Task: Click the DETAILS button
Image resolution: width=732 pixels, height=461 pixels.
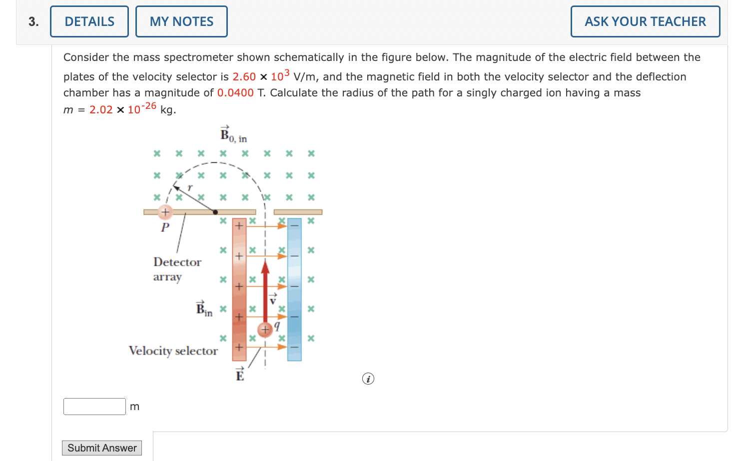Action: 89,21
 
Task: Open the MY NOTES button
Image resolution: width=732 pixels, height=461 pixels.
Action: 181,21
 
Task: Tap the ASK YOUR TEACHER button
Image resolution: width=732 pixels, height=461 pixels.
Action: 645,21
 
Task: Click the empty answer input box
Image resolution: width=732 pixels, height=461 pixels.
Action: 94,407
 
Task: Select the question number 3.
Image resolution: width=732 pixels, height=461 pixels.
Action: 33,21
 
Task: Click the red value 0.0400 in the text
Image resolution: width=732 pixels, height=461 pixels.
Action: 235,93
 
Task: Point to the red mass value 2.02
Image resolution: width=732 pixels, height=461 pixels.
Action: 101,110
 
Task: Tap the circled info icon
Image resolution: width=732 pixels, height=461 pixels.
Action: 368,379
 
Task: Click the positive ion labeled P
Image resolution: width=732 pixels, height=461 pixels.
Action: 165,212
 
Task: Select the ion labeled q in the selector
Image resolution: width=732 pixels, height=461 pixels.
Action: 265,330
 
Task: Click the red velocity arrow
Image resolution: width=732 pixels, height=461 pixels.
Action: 265,290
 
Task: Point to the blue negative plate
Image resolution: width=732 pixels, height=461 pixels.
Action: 294,290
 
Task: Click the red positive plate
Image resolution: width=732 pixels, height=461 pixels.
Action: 239,290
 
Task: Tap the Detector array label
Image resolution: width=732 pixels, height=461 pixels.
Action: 177,269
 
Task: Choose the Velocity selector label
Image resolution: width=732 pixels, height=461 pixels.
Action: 173,351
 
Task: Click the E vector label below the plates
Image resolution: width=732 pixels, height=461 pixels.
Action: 240,375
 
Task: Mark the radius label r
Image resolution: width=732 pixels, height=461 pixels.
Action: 190,188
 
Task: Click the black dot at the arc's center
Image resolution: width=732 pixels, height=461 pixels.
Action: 215,212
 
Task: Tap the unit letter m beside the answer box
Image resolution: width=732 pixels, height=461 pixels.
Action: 135,407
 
